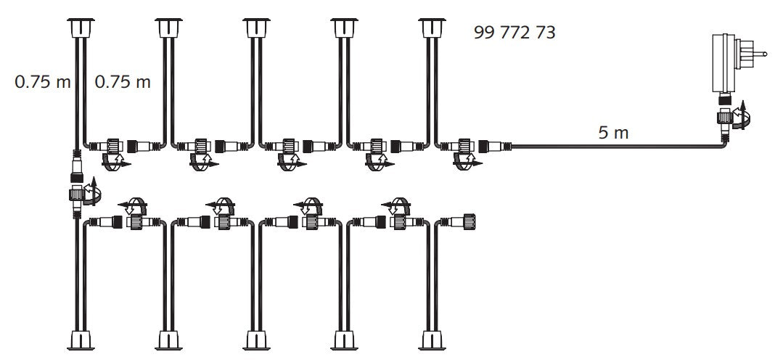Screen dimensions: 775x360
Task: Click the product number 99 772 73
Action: (x=514, y=33)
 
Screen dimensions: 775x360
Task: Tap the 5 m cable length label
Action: (x=613, y=133)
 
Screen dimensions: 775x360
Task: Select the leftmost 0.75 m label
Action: (x=43, y=81)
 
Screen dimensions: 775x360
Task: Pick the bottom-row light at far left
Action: (x=81, y=340)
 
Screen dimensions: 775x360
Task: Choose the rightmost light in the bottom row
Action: (x=432, y=340)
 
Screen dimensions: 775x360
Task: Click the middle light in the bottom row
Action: (x=257, y=340)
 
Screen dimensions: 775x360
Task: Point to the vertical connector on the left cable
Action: (x=77, y=183)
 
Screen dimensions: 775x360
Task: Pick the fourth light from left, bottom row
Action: (x=344, y=340)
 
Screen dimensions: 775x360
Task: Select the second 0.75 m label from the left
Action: (x=123, y=81)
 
